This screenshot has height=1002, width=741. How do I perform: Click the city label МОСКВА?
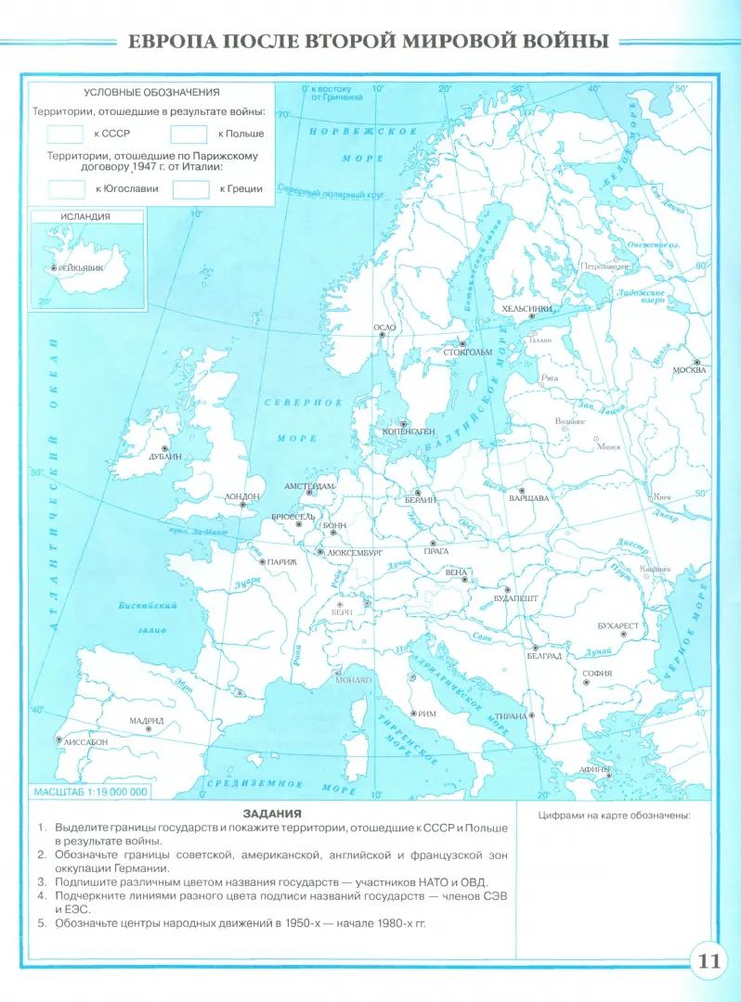point(689,370)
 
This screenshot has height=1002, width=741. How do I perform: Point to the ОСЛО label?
point(383,328)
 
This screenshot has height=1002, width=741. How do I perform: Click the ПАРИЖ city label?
point(282,562)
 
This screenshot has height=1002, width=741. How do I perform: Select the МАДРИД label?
point(147,720)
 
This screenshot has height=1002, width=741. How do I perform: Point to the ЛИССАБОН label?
point(85,742)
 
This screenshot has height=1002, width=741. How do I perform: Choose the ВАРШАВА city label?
point(529,498)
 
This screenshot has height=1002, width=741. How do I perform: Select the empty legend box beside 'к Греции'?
point(191,189)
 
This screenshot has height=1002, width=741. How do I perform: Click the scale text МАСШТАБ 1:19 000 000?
point(90,793)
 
